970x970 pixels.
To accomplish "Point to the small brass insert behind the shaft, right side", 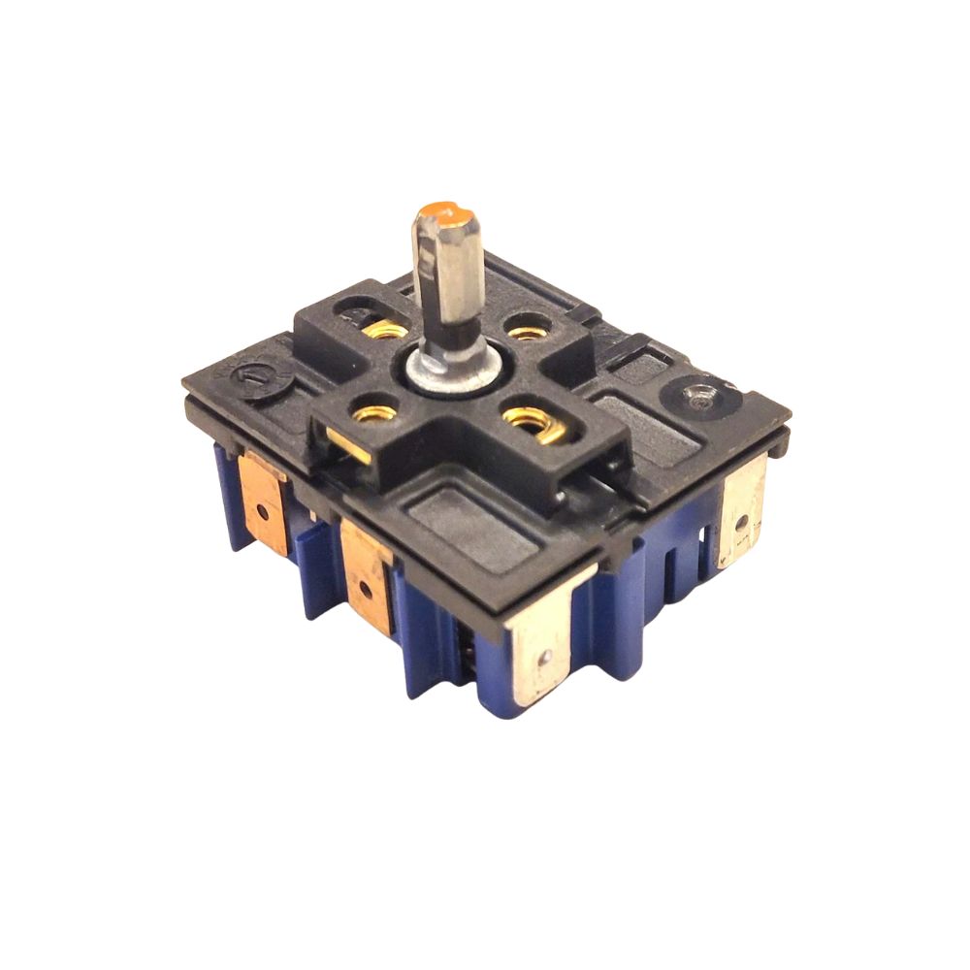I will coord(526,333).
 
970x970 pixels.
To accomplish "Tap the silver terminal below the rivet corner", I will coord(743,511).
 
